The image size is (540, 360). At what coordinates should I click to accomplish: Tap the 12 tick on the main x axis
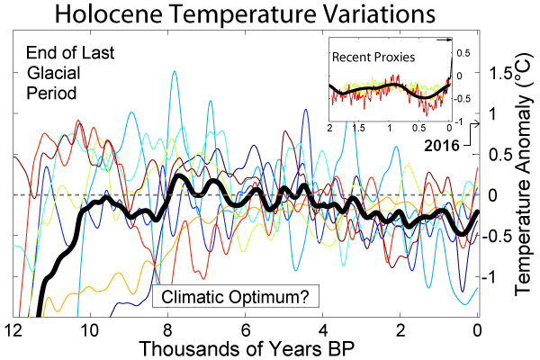12,328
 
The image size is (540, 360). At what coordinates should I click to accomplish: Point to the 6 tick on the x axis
245,328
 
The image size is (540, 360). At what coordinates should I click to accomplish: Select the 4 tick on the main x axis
322,328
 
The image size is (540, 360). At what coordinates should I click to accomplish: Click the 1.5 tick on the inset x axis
359,129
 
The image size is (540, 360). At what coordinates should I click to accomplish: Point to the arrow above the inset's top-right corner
442,40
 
